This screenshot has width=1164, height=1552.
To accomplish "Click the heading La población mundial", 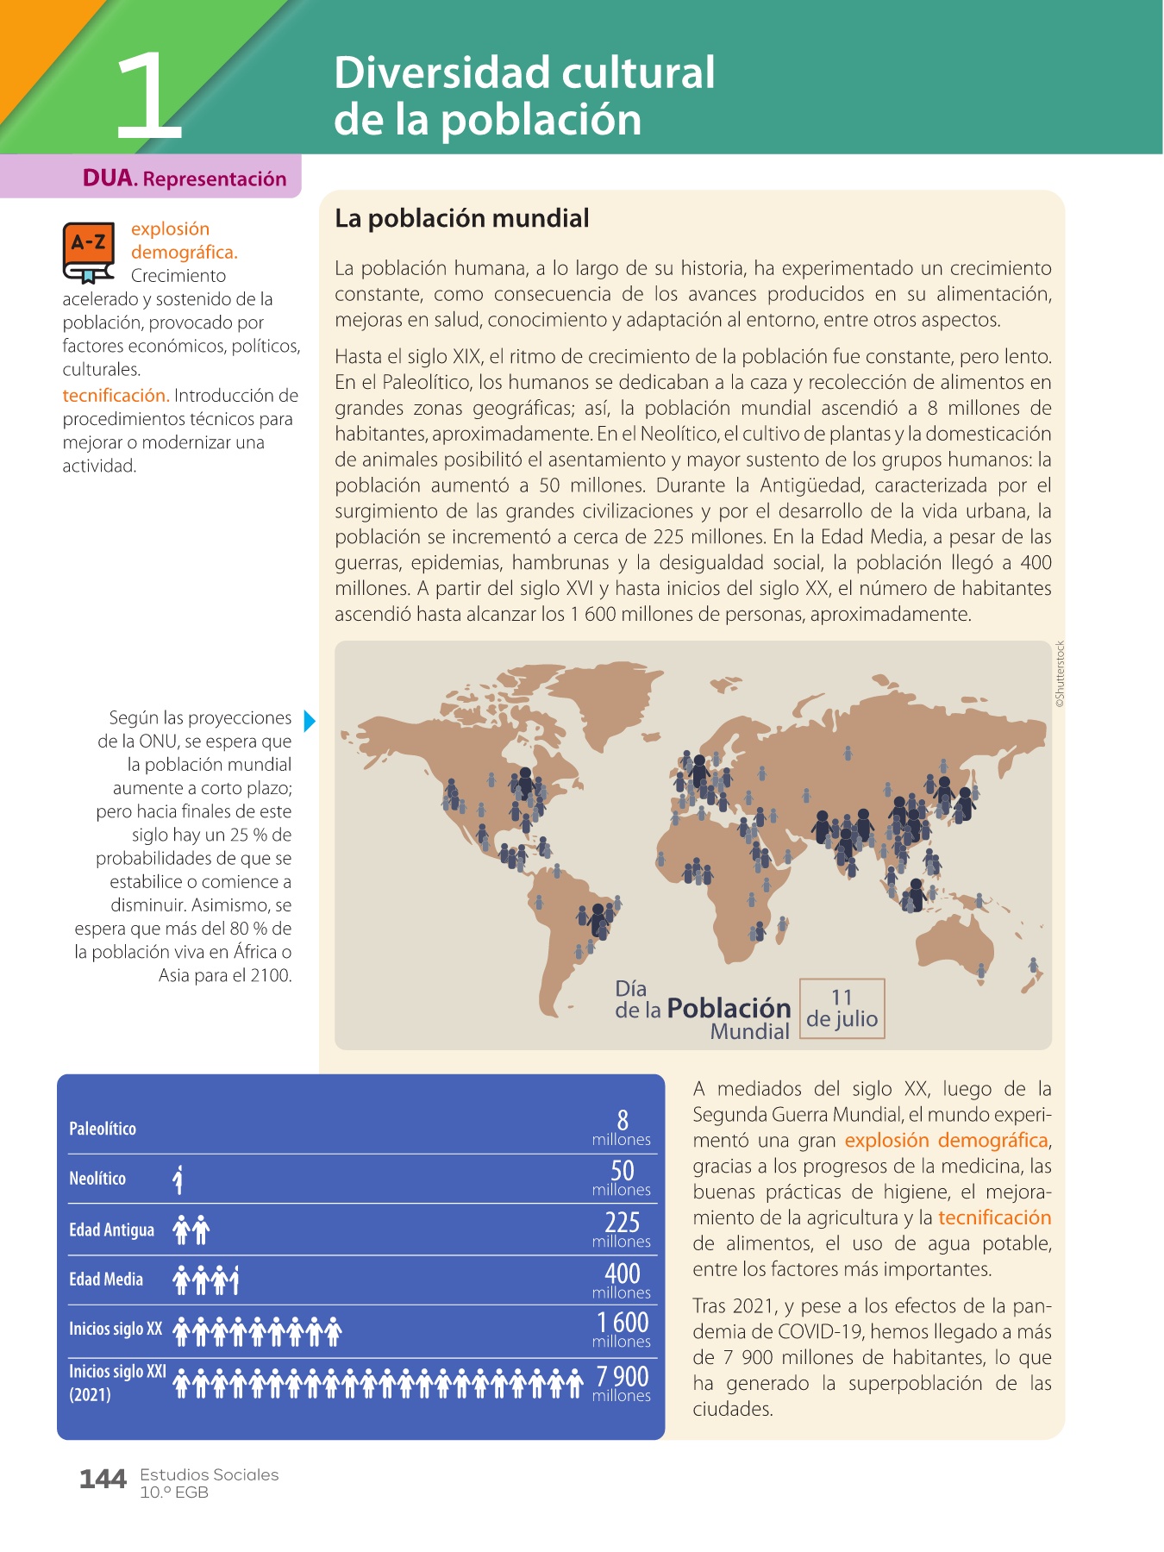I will (x=461, y=218).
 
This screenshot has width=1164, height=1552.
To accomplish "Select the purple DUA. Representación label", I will (x=184, y=178).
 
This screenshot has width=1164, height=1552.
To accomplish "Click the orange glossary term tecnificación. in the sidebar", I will (x=116, y=396).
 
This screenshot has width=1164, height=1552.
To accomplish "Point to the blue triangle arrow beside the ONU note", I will (x=310, y=721).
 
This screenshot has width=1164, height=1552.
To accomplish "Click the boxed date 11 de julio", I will (x=842, y=1008).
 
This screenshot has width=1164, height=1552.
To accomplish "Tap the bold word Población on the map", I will (x=729, y=1008).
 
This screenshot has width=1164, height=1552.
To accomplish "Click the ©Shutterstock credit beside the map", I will (x=1061, y=674).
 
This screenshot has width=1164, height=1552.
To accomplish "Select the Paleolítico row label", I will (x=103, y=1129).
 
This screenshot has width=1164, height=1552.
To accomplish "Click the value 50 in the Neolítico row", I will (x=623, y=1170).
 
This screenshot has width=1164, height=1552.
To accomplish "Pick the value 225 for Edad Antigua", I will (x=623, y=1222).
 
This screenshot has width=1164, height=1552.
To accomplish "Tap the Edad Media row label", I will (x=106, y=1280).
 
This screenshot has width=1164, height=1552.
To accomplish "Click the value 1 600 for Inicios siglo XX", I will (x=623, y=1323).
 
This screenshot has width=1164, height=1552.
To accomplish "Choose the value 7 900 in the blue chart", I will (x=623, y=1376).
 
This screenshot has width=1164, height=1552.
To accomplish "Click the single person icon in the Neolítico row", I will (x=178, y=1180).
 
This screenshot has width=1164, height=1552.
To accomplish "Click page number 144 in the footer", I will (x=103, y=1480).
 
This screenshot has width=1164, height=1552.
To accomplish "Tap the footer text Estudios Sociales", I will (x=210, y=1475).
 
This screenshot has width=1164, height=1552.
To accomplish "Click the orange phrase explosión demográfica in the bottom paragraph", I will (x=946, y=1141).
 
